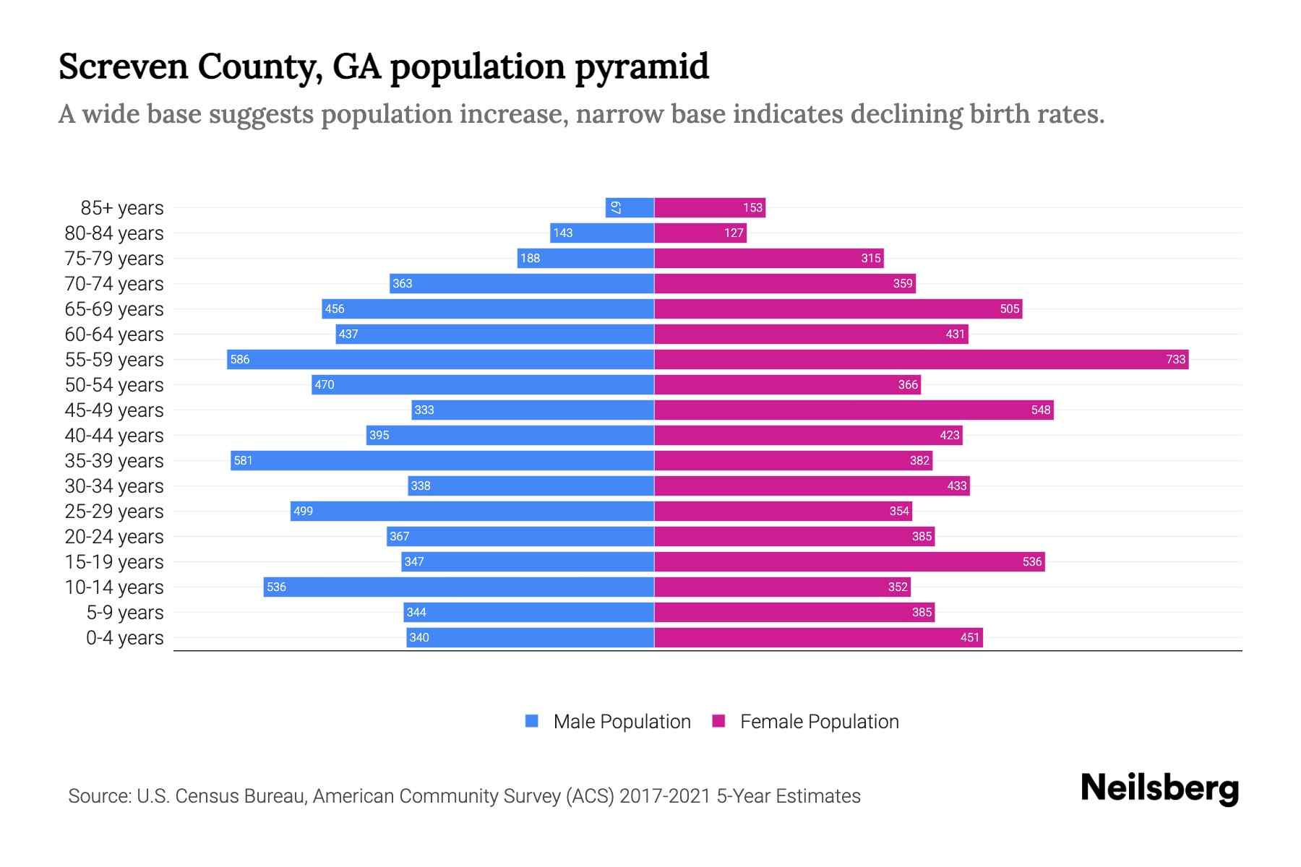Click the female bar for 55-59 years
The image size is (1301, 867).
point(922,359)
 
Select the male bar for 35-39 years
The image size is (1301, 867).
point(442,460)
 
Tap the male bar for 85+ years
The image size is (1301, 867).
point(630,207)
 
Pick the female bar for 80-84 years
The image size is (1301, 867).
point(700,233)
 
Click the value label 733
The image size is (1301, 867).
point(1175,359)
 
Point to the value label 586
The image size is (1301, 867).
point(240,359)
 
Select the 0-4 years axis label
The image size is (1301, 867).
point(124,638)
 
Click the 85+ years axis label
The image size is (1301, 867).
point(121,208)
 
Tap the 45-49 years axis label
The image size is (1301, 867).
point(114,410)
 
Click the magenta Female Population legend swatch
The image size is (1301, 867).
point(718,721)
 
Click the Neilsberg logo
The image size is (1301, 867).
point(1159,788)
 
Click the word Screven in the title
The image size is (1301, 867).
point(123,66)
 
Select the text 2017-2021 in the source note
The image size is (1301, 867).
point(664,796)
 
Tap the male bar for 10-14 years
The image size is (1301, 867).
point(459,587)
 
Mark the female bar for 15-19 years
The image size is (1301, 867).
point(849,561)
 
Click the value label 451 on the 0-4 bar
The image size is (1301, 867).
point(969,637)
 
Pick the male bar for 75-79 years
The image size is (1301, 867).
point(585,258)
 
